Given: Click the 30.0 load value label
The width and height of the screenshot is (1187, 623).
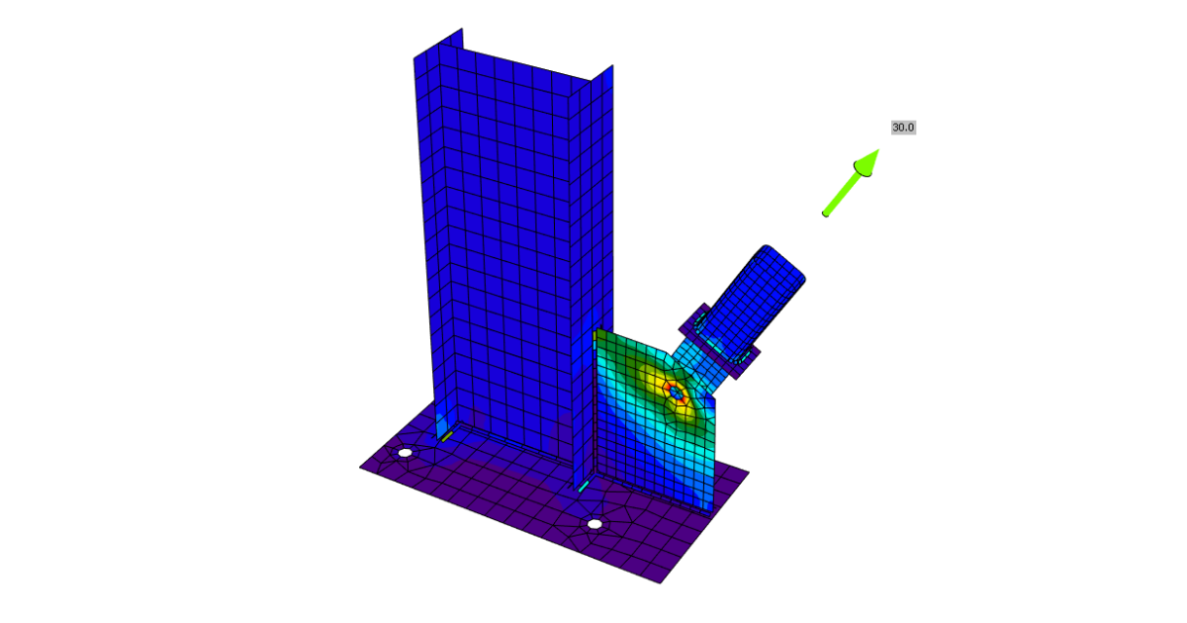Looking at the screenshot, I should (x=903, y=128).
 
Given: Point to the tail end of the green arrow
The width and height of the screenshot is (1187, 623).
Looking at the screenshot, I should (x=826, y=213).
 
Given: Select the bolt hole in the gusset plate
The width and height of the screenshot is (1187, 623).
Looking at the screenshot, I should (x=676, y=393).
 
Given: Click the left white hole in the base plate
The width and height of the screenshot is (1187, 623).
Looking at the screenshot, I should (x=405, y=453).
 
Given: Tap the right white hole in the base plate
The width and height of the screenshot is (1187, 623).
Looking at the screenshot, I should (x=593, y=524).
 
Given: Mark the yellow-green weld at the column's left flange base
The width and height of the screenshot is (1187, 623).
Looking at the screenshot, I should (x=447, y=435).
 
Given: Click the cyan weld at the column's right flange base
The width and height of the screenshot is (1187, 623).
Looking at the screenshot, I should (x=584, y=487).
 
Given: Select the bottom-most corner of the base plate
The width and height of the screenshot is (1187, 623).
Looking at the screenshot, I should (x=661, y=582).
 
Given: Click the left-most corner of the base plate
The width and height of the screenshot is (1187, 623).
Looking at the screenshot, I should (x=360, y=467).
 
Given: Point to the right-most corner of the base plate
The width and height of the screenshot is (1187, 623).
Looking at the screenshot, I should (x=749, y=472).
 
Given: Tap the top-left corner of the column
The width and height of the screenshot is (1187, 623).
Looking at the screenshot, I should (x=414, y=58).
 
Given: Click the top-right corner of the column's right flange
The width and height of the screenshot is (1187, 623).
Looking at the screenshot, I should (x=613, y=66).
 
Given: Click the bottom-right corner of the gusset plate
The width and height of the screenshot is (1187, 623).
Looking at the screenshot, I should (x=711, y=511).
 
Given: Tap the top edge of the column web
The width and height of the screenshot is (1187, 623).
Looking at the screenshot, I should (x=524, y=63).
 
